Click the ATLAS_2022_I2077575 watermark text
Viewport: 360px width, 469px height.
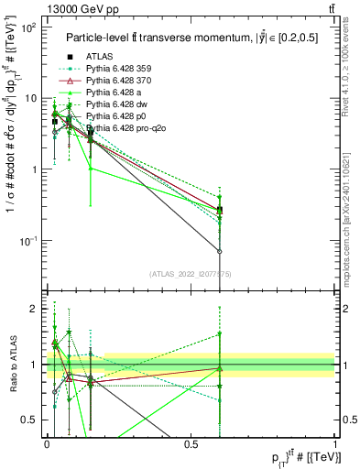191,272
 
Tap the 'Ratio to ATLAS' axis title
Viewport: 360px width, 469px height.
11,365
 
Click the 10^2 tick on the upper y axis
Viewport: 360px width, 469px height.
29,27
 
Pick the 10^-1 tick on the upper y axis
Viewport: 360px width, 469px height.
29,240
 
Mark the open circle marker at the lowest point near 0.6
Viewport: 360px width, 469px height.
220,251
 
